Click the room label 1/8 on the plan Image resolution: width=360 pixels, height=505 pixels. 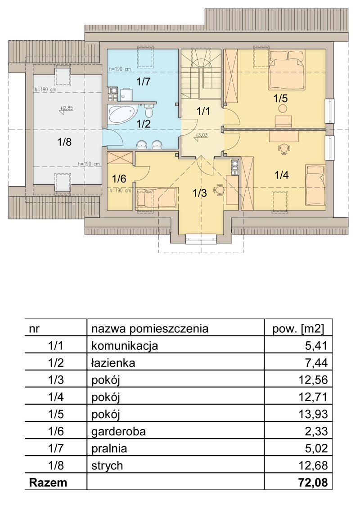(x=64, y=142)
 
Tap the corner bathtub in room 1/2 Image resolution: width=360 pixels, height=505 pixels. (x=123, y=114)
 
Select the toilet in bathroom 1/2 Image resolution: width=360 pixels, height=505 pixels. (x=148, y=111)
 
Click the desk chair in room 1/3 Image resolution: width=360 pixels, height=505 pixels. (x=220, y=189)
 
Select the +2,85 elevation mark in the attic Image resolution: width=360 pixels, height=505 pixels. (x=67, y=109)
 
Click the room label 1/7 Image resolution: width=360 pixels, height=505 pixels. (x=143, y=82)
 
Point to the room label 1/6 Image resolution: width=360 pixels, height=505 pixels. (x=119, y=179)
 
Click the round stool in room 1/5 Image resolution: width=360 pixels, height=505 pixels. (x=283, y=108)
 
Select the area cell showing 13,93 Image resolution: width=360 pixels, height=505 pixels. (x=313, y=414)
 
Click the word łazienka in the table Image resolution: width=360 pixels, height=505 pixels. (x=113, y=363)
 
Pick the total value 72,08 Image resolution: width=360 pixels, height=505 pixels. (x=313, y=482)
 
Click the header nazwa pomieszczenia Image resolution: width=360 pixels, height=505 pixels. (x=150, y=329)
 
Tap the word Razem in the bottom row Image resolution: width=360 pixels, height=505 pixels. (x=48, y=482)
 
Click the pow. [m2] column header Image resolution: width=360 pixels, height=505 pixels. (x=298, y=329)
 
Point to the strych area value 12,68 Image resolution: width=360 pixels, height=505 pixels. (x=313, y=465)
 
